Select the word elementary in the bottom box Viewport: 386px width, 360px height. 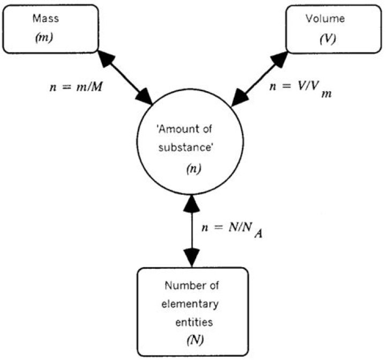[191, 305]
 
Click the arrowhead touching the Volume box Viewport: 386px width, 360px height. [279, 58]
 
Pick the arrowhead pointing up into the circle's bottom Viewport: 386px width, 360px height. [192, 203]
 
